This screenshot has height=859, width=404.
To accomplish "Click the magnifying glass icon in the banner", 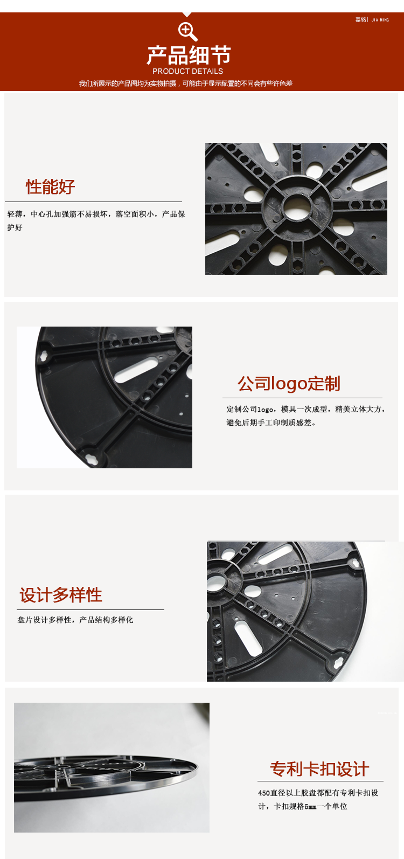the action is point(187,31).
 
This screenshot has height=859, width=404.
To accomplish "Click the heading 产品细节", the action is point(189,55).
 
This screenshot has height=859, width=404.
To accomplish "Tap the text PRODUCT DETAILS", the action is point(188,71).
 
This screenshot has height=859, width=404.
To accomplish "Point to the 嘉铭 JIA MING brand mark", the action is point(372,19).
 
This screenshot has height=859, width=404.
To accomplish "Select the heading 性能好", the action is point(50,187).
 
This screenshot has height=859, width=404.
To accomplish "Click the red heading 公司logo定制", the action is point(289,384).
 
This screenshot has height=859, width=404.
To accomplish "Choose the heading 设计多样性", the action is point(61,595).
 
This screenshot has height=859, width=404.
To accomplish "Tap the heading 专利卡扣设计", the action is point(319,769).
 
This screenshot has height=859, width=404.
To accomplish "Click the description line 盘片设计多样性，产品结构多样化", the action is point(75,620).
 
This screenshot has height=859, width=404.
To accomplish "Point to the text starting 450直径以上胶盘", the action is point(318,793).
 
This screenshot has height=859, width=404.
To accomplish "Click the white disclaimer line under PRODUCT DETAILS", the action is point(186,84).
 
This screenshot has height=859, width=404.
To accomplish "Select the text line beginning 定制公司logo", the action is point(305,409).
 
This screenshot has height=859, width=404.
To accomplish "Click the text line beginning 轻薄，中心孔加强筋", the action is point(96,214).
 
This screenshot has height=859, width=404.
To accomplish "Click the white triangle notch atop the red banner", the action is point(187,15).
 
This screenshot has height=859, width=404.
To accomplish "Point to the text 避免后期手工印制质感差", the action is point(271,422).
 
